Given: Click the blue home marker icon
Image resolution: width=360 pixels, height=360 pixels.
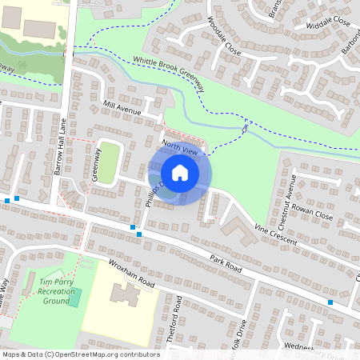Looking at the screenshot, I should click(180, 173).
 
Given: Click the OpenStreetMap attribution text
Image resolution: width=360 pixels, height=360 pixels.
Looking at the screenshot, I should click(81, 354).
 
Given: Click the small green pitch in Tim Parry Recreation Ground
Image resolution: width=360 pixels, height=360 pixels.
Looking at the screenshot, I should click(74, 298).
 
